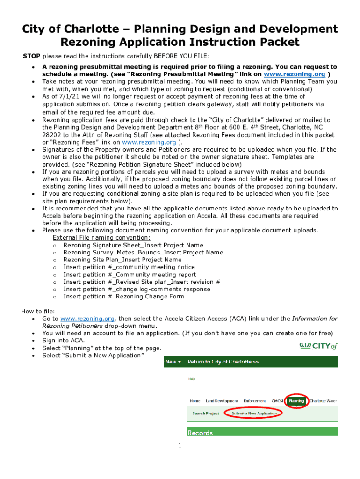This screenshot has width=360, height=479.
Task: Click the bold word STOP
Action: (32, 56)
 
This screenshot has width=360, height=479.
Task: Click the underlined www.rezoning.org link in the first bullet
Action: (295, 74)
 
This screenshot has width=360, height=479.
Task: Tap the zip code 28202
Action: (52, 135)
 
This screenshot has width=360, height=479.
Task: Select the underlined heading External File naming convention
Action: (101, 238)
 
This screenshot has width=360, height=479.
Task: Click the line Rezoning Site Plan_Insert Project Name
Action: (122, 260)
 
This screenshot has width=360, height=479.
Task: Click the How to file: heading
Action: (38, 312)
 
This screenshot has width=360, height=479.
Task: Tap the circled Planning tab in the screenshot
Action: (296, 401)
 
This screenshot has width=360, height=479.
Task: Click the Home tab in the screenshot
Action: (195, 401)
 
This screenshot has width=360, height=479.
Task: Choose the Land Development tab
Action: (222, 401)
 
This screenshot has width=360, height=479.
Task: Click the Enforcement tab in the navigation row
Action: (255, 401)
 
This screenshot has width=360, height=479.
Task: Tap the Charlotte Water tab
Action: (323, 401)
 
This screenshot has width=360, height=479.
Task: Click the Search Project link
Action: (206, 414)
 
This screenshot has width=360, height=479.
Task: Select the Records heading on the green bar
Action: (200, 433)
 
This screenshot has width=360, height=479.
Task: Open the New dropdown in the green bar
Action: (173, 362)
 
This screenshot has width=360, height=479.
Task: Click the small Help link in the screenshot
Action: (191, 379)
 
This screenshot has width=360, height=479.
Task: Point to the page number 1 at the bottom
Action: (180, 445)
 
